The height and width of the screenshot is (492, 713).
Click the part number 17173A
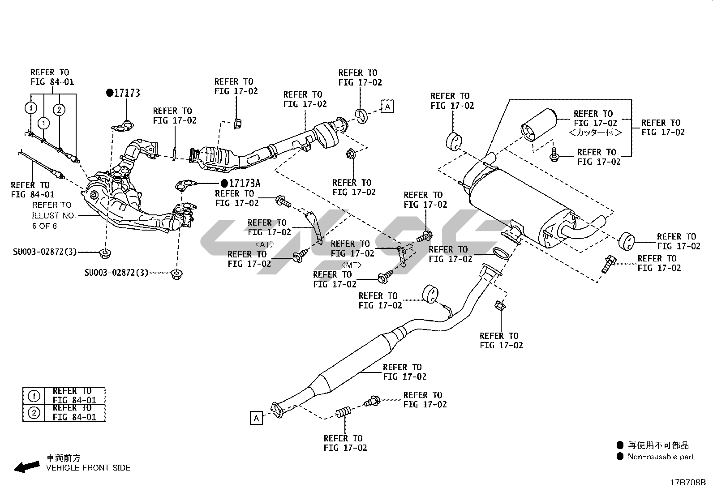[244, 183]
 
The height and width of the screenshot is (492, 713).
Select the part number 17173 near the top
[127, 93]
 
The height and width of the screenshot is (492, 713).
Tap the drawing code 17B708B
[688, 483]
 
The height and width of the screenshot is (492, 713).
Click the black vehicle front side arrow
[26, 467]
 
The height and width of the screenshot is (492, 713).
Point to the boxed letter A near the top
[388, 106]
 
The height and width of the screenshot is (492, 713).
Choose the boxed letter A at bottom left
[256, 418]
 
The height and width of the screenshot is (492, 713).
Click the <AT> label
[265, 244]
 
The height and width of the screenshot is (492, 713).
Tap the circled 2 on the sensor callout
[59, 109]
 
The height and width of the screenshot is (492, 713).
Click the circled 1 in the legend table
[34, 396]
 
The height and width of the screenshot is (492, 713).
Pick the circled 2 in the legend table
[34, 412]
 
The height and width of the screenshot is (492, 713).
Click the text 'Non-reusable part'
[661, 457]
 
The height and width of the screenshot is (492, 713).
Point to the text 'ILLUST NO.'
[54, 215]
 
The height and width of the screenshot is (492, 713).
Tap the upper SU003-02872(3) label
[45, 252]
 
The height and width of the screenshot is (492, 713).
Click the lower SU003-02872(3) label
[116, 272]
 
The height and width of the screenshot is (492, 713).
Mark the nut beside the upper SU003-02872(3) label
[105, 253]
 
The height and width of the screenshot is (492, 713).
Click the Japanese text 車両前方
[64, 458]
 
